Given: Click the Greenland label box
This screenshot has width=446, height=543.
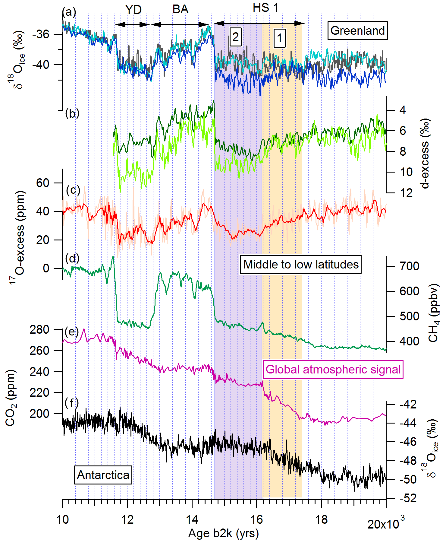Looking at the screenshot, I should coord(357,30).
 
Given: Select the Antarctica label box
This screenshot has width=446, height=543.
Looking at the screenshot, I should coord(103,475).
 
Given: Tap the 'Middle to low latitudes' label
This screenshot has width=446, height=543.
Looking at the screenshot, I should coord(301,264).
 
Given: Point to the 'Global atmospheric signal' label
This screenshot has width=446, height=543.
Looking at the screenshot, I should coord(333,369).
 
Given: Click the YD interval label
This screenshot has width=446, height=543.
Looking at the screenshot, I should coord(133,10).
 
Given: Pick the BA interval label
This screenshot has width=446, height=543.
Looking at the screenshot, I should coord(180,9).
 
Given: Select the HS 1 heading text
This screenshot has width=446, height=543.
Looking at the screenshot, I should coord(265,8).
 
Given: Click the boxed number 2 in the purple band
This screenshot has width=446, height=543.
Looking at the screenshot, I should coord(235,37).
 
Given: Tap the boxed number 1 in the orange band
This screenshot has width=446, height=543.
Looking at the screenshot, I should coord(279,38).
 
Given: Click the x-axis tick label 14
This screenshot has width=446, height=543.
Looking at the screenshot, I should coord(192,520).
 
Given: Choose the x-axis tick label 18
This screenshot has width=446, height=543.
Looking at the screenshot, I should coord(321,520).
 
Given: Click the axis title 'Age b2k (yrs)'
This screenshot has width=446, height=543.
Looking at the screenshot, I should coord(223,534).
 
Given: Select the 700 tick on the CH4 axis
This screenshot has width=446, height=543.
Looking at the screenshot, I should coord(409,266).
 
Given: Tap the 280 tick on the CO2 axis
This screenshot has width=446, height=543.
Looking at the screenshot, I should coord(39,329).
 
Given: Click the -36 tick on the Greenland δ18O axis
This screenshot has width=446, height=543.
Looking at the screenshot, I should coord(40,34).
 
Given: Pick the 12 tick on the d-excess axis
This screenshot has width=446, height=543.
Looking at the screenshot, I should coord(406,192).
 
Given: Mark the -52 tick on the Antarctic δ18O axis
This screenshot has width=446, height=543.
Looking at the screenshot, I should coord(408,498).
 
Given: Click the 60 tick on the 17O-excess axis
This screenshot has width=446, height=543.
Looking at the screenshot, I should coord(43,183).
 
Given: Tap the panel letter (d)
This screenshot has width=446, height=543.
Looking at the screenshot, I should coord(72,259).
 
